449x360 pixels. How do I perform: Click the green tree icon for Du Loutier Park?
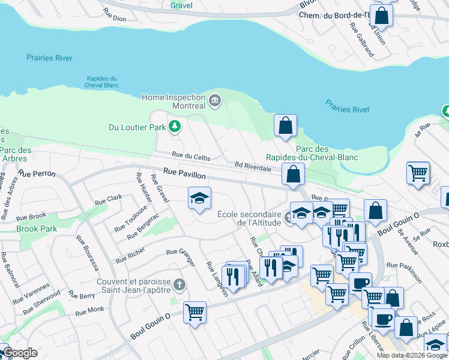point(174,127)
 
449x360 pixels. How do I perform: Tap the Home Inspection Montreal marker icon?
point(214,101)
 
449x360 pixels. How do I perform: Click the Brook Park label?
point(37,229)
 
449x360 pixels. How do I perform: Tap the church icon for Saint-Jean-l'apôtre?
point(178,284)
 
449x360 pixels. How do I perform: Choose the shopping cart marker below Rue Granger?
point(195,311)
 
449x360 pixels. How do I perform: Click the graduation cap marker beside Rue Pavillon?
point(199,197)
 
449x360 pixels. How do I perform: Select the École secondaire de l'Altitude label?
point(249,218)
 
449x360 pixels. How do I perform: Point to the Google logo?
point(19,353)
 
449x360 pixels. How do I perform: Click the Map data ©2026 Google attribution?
point(412,355)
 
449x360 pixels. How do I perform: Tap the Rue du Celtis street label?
point(191,157)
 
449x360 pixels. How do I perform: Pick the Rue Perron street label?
point(37,173)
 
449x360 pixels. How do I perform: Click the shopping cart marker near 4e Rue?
point(418,172)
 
